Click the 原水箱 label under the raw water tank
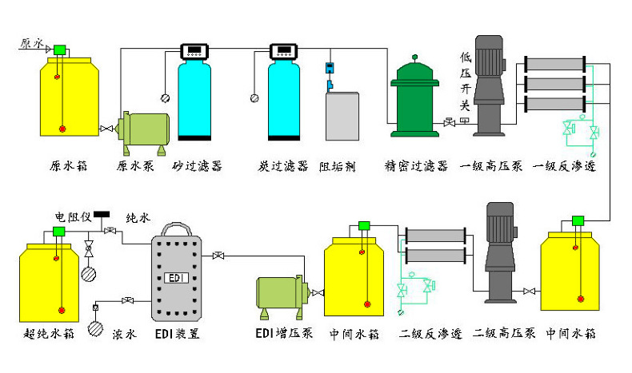click(x=69, y=166)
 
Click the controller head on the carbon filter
click(x=284, y=51)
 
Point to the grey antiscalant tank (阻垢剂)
click(x=342, y=116)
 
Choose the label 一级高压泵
click(x=491, y=166)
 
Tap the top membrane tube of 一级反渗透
click(x=555, y=64)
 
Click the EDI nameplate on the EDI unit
click(x=177, y=278)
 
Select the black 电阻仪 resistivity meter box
click(x=102, y=215)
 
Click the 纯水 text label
click(x=138, y=218)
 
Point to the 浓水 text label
click(x=125, y=334)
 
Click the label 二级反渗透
click(x=430, y=334)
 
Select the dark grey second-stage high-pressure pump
click(x=500, y=252)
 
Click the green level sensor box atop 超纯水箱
click(x=59, y=232)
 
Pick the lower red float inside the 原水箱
click(x=62, y=129)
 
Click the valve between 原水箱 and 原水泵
click(x=106, y=129)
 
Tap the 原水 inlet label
click(x=31, y=43)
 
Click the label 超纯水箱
click(x=49, y=334)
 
